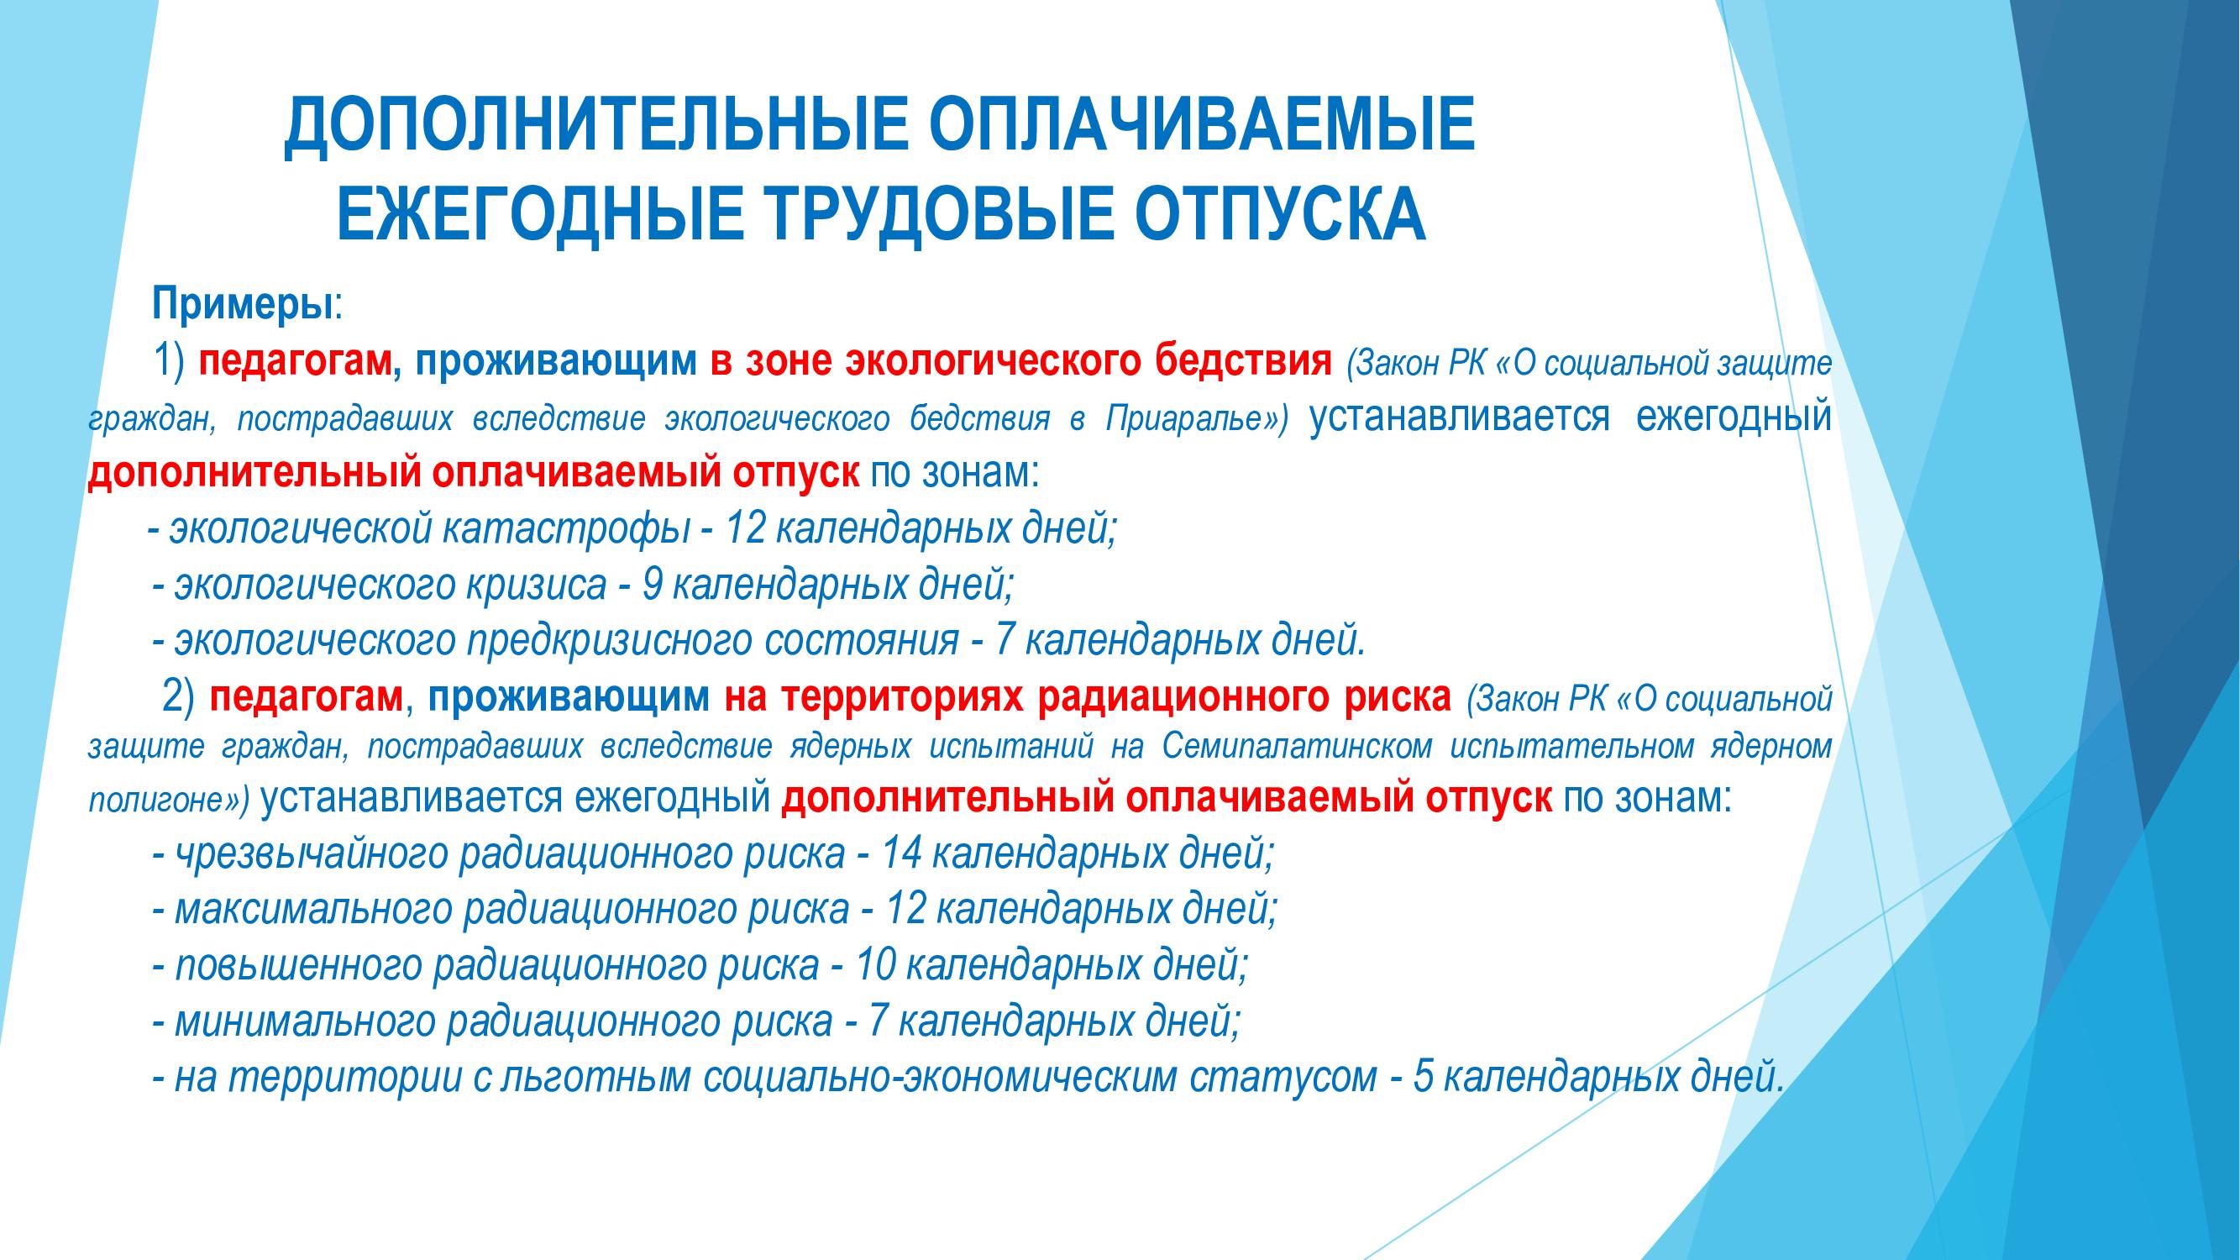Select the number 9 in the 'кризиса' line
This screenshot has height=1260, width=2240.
[652, 585]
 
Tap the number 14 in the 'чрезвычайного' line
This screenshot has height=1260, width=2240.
[901, 855]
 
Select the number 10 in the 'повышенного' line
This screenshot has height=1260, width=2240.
[876, 966]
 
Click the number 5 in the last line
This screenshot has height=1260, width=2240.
[1424, 1078]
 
